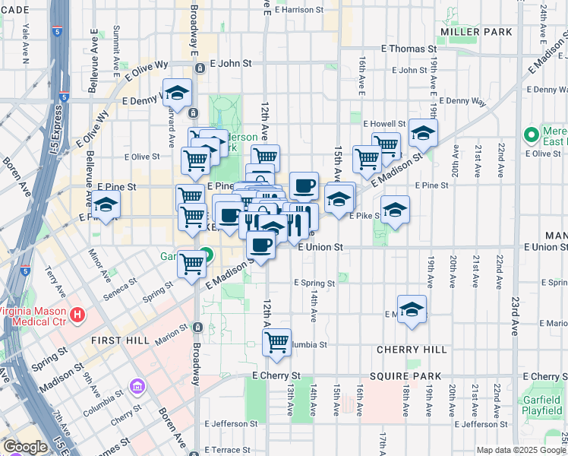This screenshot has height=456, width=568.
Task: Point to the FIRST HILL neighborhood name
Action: pos(120,340)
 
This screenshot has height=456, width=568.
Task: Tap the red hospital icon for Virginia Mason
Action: pos(77,314)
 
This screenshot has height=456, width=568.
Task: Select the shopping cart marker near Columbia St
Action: pos(277,341)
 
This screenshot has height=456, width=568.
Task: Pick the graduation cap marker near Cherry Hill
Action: pos(412,309)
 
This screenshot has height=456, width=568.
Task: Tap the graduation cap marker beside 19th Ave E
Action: pos(423,133)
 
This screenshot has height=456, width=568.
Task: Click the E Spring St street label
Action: pos(315,283)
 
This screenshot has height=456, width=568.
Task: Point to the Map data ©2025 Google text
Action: pos(521,450)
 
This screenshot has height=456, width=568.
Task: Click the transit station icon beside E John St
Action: pos(200,68)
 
